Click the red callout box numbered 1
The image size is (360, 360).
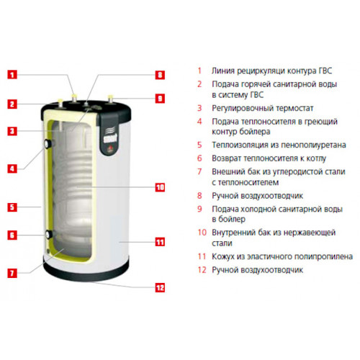pyautogui.click(x=12, y=75)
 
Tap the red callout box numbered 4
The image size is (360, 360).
pyautogui.click(x=12, y=168)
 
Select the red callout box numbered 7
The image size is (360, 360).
pyautogui.click(x=12, y=273)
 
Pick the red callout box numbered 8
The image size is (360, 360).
pyautogui.click(x=160, y=75)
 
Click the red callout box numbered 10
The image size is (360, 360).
pyautogui.click(x=160, y=187)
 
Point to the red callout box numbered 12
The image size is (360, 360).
pyautogui.click(x=160, y=288)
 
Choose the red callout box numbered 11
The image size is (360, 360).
pyautogui.click(x=160, y=242)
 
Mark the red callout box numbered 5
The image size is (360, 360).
pyautogui.click(x=12, y=207)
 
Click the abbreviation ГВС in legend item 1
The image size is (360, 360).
pyautogui.click(x=325, y=71)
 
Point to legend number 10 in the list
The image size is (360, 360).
pyautogui.click(x=202, y=233)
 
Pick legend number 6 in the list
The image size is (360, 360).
pyautogui.click(x=199, y=158)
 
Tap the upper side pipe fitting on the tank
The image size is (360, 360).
pyautogui.click(x=48, y=144)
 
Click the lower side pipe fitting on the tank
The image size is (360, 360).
pyautogui.click(x=48, y=234)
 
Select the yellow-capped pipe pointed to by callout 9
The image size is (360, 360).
pyautogui.click(x=110, y=99)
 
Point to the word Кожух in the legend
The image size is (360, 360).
pyautogui.click(x=223, y=257)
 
